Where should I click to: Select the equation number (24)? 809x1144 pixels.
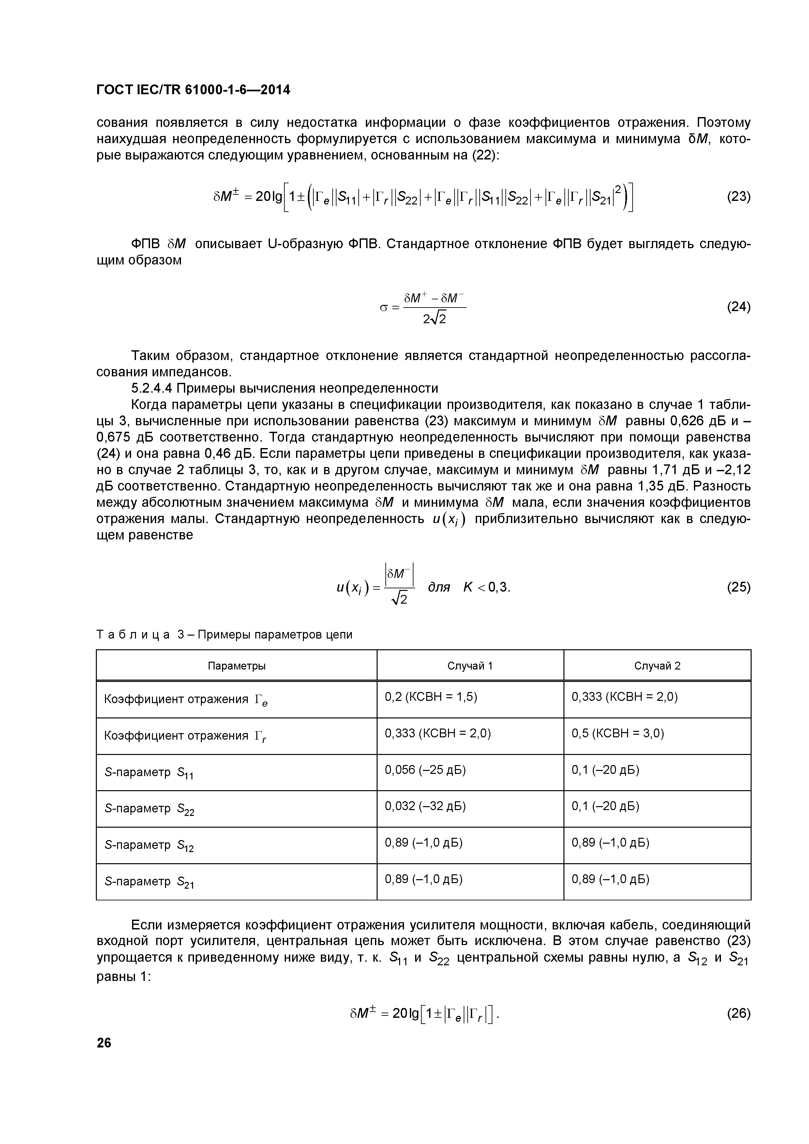click(x=738, y=307)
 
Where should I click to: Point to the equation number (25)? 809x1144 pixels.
click(x=738, y=587)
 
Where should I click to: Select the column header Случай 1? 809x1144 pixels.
click(x=470, y=666)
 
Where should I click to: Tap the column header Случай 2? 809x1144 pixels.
click(x=657, y=666)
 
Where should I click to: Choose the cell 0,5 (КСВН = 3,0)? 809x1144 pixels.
click(x=618, y=733)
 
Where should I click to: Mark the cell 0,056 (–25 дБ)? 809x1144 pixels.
click(x=425, y=770)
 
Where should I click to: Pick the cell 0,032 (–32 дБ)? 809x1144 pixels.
click(x=425, y=806)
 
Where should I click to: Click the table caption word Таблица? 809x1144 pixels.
click(x=132, y=635)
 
